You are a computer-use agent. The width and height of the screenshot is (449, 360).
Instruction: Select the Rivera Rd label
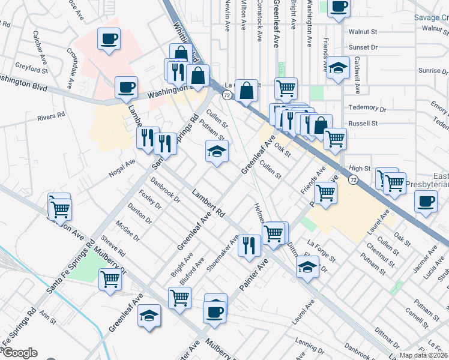tap(50, 118)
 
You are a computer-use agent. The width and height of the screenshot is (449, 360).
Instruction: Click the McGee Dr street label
tap(128, 229)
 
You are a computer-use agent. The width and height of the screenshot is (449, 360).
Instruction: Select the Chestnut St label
tap(383, 252)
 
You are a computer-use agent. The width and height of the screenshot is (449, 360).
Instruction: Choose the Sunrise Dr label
tap(430, 70)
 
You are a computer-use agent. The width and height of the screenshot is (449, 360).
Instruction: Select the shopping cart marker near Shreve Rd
tap(110, 278)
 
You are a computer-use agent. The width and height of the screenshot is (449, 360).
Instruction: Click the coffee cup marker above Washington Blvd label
tap(109, 39)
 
